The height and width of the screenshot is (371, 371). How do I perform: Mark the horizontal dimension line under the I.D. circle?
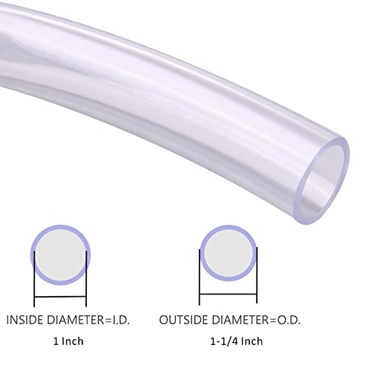pyautogui.click(x=60, y=298)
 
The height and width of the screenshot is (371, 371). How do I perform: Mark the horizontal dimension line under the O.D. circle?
pyautogui.click(x=229, y=298)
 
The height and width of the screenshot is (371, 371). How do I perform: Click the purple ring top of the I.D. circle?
pyautogui.click(x=60, y=227)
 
